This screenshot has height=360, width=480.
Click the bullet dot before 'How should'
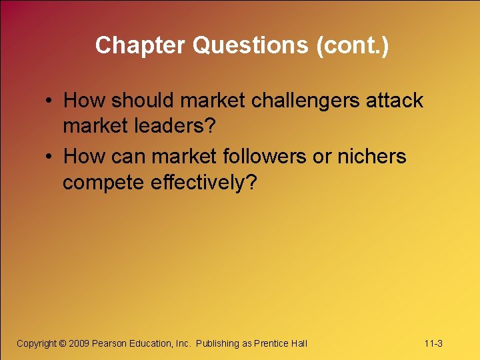50,101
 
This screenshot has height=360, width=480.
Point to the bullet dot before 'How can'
50,157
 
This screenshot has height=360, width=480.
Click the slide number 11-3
433,343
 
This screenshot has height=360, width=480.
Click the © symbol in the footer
63,343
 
